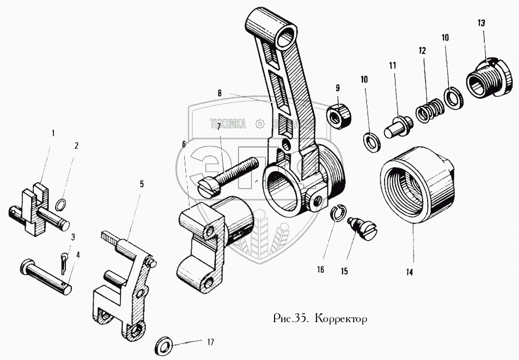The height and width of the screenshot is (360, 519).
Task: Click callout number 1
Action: pyautogui.click(x=52, y=133)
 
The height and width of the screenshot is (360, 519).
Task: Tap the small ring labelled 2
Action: pyautogui.click(x=61, y=205)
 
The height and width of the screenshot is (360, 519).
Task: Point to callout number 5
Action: pyautogui.click(x=141, y=184)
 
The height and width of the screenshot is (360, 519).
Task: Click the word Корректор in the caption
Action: pyautogui.click(x=343, y=317)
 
